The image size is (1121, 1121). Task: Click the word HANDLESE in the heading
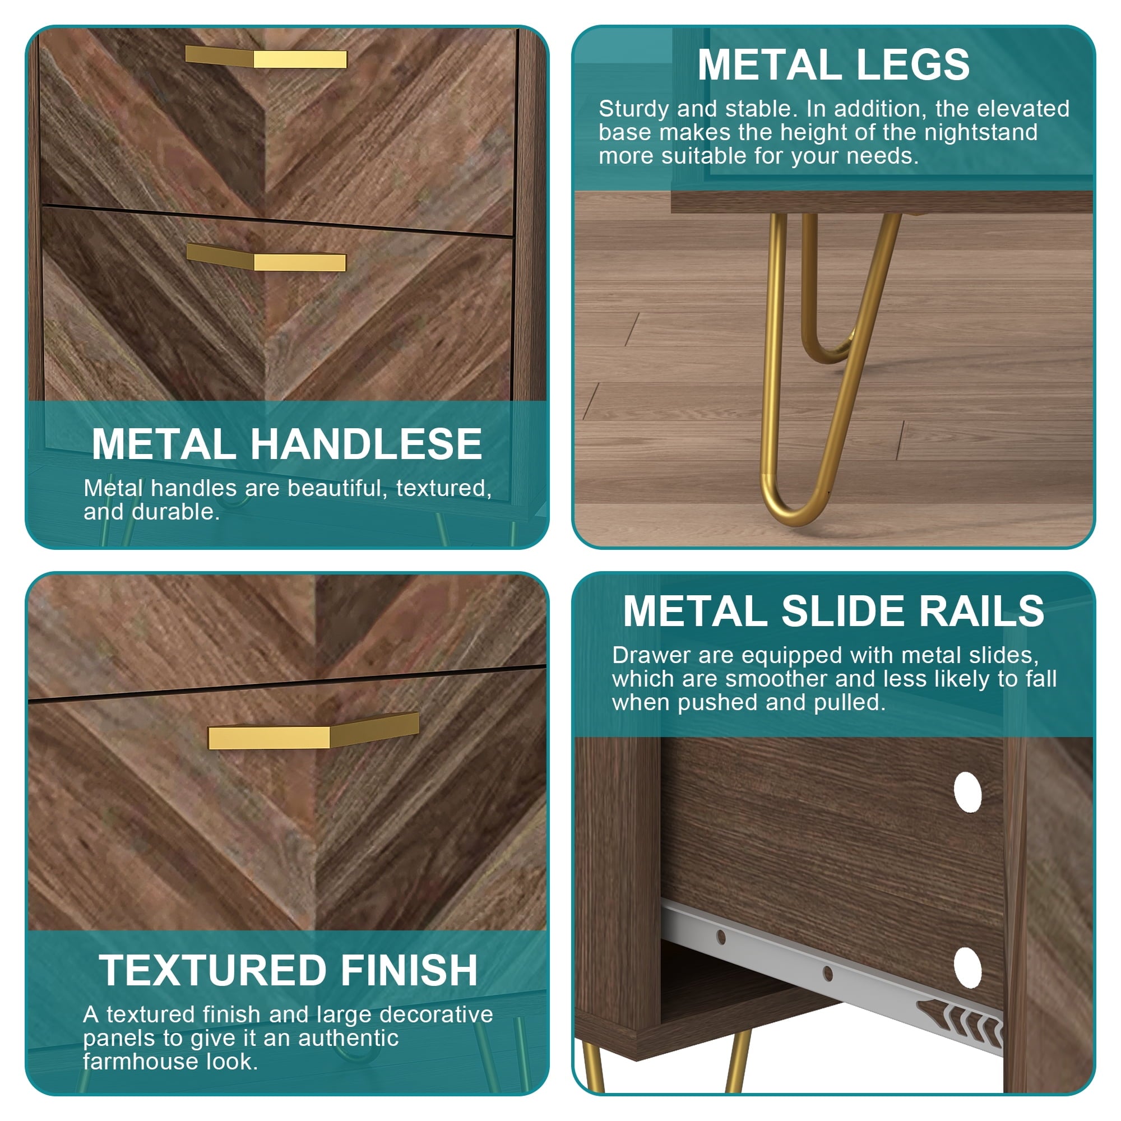click(x=366, y=444)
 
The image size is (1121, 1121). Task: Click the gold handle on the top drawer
click(x=266, y=57)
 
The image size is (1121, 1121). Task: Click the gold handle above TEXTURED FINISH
click(x=313, y=731)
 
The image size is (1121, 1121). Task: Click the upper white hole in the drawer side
click(x=967, y=792)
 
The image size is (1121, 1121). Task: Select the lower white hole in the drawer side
click(x=967, y=967)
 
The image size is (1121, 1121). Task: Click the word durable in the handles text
click(x=175, y=512)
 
